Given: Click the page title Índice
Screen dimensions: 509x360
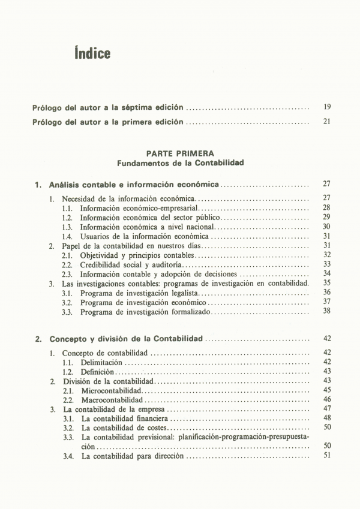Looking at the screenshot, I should click(92, 53).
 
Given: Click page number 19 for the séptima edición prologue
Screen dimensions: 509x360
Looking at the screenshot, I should click(327, 107).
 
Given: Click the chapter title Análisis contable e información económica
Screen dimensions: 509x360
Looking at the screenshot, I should click(134, 184).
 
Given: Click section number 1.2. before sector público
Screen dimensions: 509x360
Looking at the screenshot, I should click(68, 217).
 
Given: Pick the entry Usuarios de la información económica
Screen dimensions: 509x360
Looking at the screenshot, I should click(145, 236).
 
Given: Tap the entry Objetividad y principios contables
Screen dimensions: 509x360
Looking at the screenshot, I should click(137, 255).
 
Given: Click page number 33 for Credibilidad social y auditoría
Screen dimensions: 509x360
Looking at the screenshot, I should click(327, 264).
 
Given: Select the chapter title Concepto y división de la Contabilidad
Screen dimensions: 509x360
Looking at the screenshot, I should click(127, 339).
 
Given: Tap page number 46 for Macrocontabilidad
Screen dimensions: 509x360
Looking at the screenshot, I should click(327, 399).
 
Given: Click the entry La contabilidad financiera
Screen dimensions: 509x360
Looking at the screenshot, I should click(125, 418).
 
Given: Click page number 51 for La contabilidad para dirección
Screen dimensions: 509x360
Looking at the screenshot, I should click(327, 456).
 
